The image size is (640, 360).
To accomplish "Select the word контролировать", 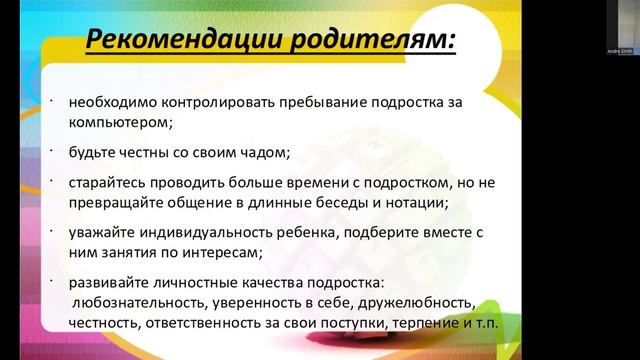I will coord(215,101).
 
